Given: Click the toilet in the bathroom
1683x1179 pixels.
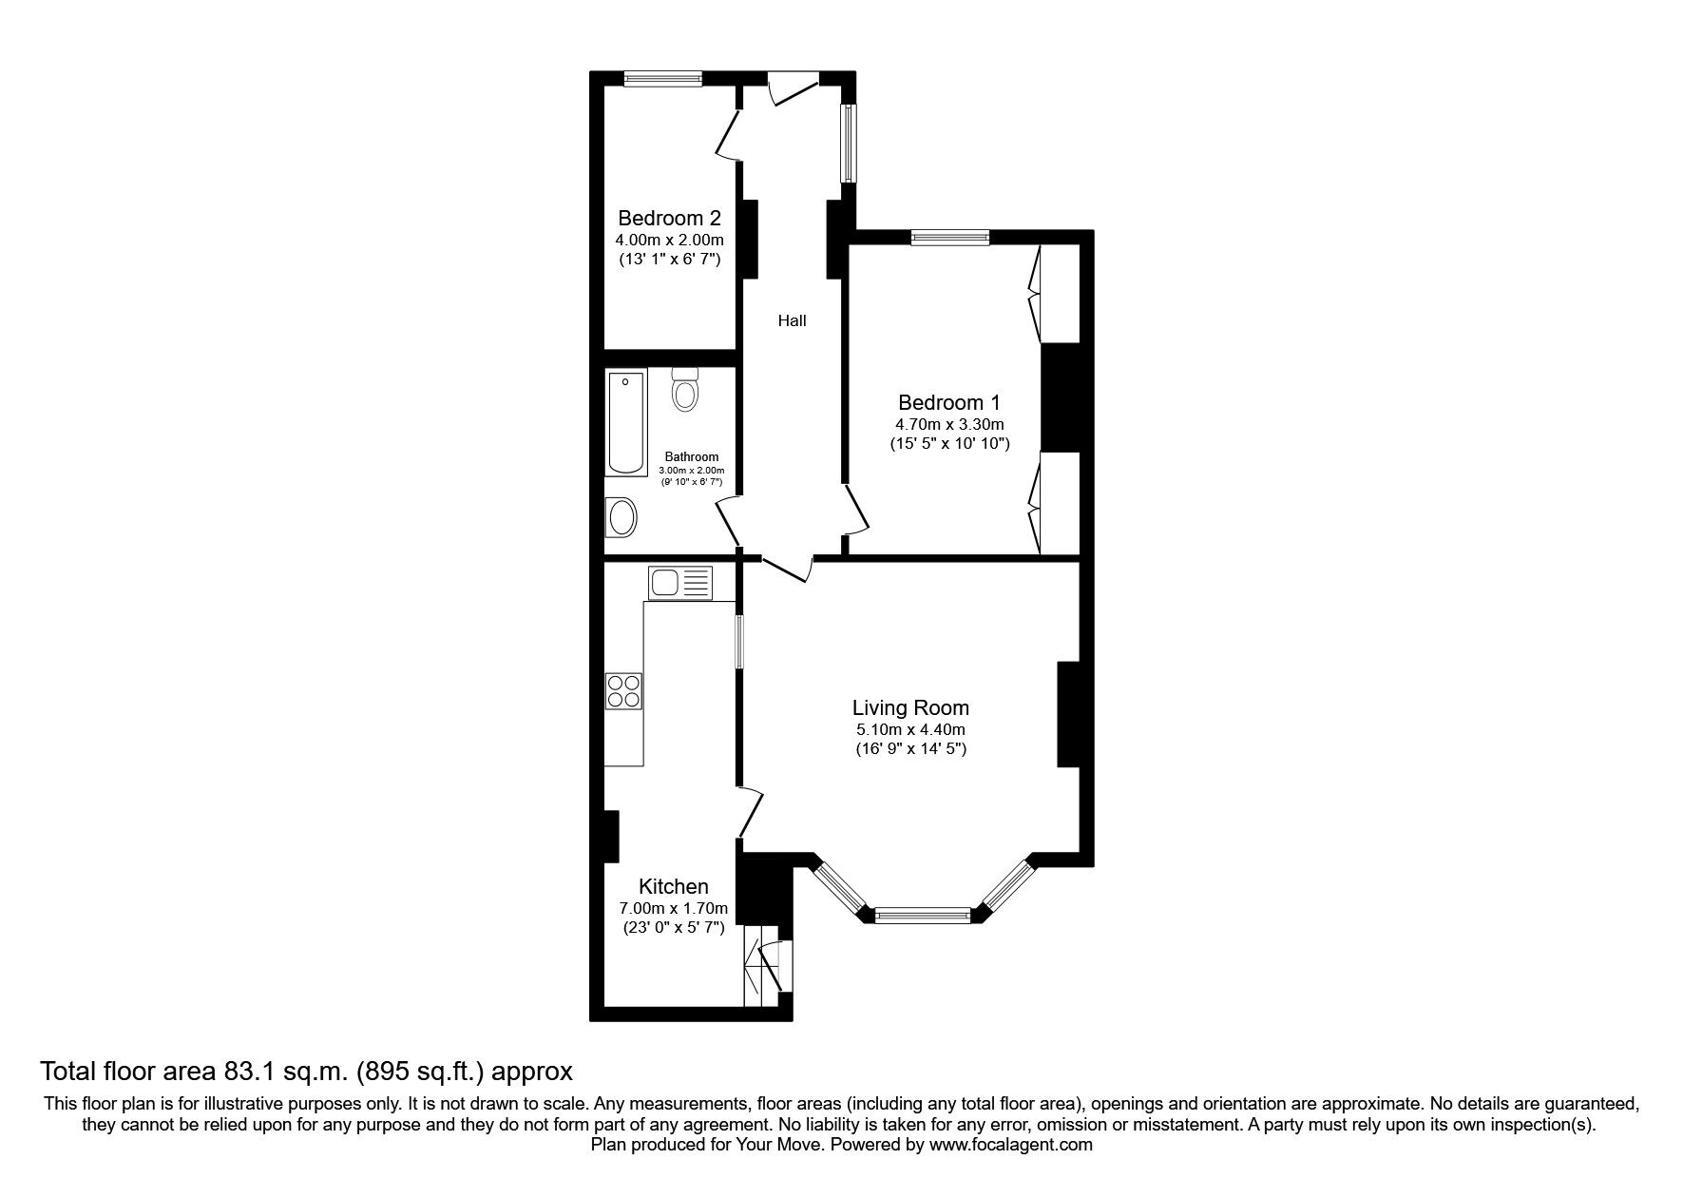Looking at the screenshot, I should [x=684, y=389].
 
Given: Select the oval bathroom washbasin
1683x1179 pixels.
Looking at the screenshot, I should [x=622, y=518].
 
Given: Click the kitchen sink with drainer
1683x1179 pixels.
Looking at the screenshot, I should [x=679, y=581].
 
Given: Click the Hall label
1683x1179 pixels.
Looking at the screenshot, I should [x=792, y=321].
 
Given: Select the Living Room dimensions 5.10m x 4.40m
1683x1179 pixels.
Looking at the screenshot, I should [x=910, y=730].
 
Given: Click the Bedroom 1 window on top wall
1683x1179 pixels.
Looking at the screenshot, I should [x=949, y=238].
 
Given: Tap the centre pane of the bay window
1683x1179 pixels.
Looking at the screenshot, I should [x=922, y=916].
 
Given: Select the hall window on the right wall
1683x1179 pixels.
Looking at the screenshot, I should [x=848, y=143].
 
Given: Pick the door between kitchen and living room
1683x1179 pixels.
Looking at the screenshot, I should [x=752, y=811].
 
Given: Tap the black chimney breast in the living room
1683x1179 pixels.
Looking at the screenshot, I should [x=1068, y=714].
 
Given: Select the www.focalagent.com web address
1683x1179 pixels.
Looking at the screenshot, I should [x=1010, y=1146].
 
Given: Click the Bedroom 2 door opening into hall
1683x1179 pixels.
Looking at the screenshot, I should [x=728, y=135].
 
